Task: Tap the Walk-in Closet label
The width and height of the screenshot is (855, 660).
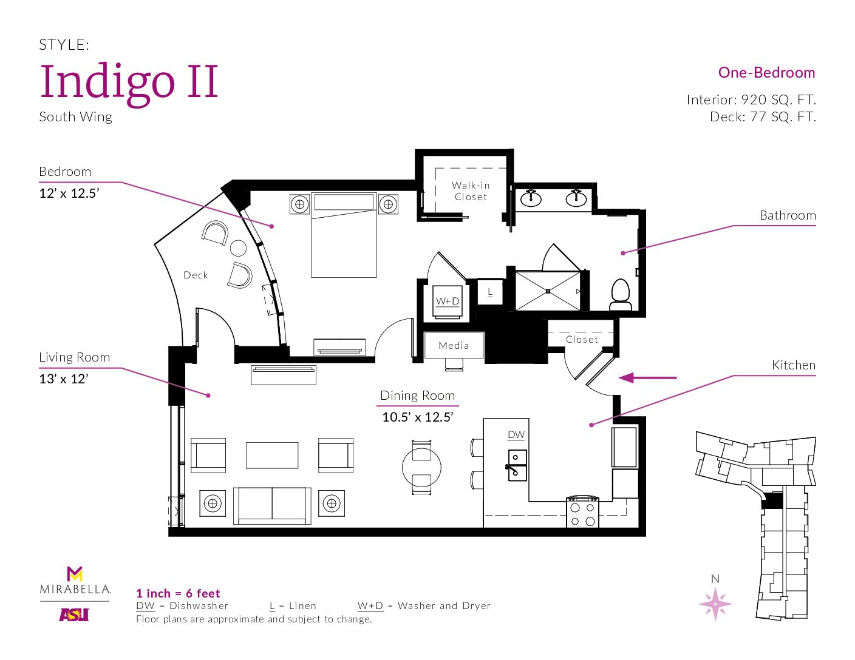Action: (471, 191)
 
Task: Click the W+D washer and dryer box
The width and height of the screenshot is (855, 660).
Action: (448, 301)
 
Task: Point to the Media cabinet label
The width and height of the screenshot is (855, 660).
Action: (454, 346)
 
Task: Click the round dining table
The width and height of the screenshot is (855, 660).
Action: (421, 467)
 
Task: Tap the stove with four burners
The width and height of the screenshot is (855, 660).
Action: (582, 512)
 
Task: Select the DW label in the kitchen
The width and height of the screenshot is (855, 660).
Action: (516, 435)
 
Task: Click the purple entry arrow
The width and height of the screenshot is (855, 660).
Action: (648, 378)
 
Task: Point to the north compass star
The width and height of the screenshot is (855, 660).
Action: (715, 604)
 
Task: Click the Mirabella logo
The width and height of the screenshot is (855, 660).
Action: (75, 581)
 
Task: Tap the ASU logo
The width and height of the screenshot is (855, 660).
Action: (74, 615)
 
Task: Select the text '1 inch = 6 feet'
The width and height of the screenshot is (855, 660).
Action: (178, 593)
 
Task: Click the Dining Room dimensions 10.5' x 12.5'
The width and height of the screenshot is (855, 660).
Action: (417, 417)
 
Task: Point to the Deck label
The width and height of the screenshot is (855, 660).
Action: (196, 275)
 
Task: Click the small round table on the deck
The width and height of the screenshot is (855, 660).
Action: (238, 248)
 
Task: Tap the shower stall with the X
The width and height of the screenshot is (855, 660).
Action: (548, 291)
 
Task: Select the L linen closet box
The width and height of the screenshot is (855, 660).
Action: (490, 292)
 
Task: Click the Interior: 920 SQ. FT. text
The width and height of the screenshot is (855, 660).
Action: (751, 100)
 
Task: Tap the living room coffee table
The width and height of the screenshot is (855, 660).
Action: (272, 455)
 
